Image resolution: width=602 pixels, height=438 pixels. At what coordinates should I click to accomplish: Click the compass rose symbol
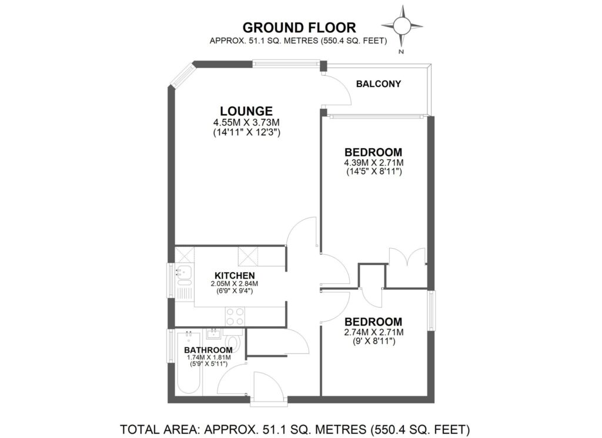tap(402, 26)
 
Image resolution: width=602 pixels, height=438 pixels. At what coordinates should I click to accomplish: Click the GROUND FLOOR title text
tap(299, 27)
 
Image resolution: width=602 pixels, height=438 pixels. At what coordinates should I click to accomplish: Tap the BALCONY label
tap(379, 84)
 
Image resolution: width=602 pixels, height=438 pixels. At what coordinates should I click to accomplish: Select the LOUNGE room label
tap(246, 111)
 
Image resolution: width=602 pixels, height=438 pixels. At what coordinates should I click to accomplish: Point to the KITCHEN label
tap(234, 275)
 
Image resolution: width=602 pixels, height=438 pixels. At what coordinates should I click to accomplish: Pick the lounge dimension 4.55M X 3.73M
tap(246, 122)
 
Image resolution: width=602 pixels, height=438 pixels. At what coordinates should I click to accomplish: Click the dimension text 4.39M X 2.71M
tap(373, 162)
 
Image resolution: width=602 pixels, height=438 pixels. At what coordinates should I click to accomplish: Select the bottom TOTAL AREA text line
tap(295, 428)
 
